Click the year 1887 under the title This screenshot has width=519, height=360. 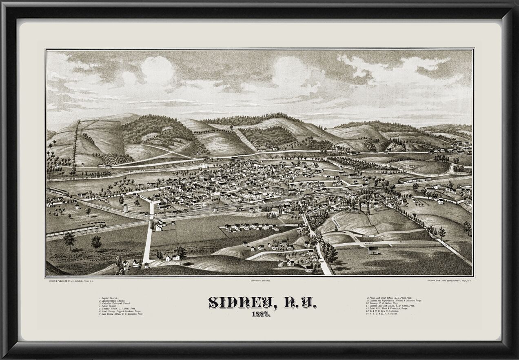pyautogui.click(x=259, y=314)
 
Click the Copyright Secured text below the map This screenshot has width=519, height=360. pyautogui.click(x=259, y=281)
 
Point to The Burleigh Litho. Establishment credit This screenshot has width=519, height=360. pyautogui.click(x=449, y=281)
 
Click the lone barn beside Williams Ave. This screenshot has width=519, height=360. pyautogui.click(x=373, y=250)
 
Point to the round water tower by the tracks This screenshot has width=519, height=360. pyautogui.click(x=126, y=208)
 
